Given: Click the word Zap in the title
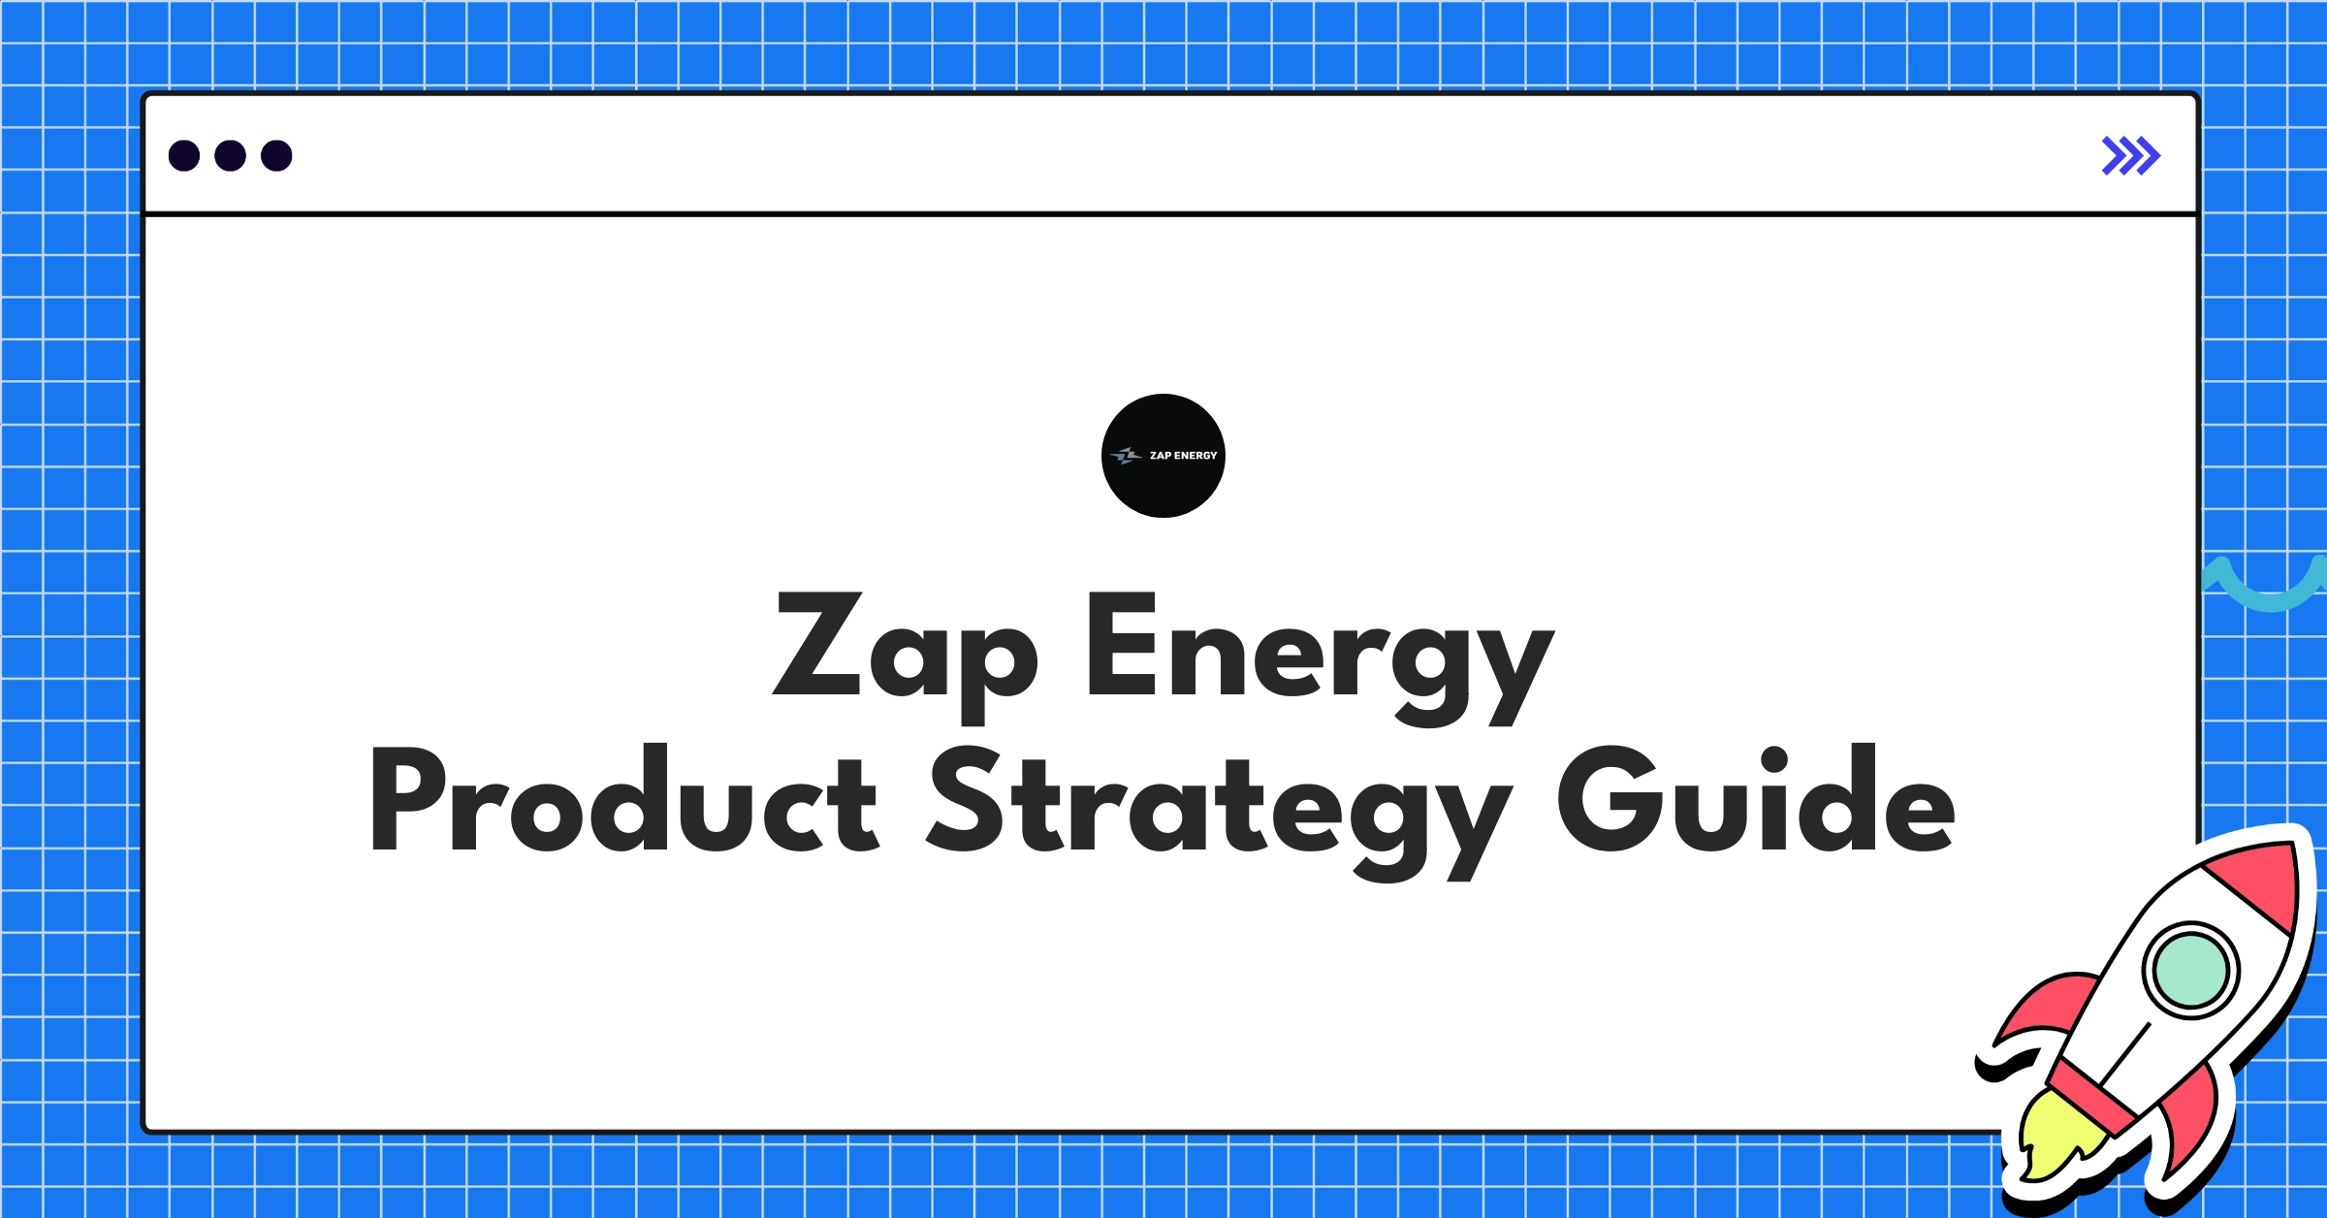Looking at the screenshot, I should click(905, 646).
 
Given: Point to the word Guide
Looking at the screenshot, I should click(1756, 799).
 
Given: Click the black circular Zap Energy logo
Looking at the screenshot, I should click(1163, 456).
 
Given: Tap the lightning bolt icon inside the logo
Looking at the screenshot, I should click(1127, 456).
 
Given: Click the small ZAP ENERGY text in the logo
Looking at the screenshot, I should click(1183, 456).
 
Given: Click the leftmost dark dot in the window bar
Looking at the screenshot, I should click(184, 156).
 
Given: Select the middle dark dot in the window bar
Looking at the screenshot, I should click(230, 156).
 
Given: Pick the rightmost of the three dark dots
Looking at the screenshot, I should click(276, 156).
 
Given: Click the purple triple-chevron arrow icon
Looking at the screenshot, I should click(2130, 156).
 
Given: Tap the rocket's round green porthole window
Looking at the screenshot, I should click(2190, 970).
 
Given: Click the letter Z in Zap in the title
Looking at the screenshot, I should click(817, 644).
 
